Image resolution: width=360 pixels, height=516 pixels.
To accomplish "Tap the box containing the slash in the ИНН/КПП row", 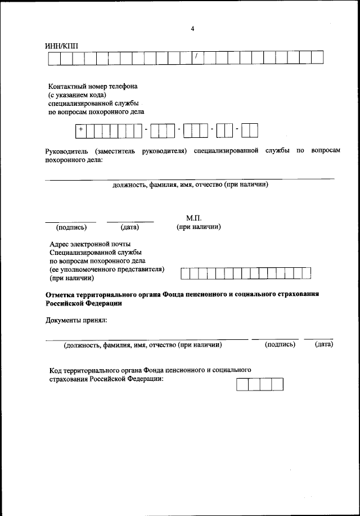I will (x=197, y=57).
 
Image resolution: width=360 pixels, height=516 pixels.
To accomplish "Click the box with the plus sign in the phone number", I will (x=82, y=131).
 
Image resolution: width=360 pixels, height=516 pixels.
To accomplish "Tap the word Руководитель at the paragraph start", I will (x=66, y=151).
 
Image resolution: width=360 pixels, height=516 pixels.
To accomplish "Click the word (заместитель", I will (x=116, y=151).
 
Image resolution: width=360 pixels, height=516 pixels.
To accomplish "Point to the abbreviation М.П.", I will (x=193, y=218).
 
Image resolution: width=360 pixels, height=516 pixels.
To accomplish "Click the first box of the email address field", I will (x=184, y=273).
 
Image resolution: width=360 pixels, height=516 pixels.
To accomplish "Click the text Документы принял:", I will (x=76, y=320).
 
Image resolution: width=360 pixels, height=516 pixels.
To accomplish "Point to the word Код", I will (x=55, y=370).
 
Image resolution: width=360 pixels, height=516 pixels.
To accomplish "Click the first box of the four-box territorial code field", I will (x=242, y=385).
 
